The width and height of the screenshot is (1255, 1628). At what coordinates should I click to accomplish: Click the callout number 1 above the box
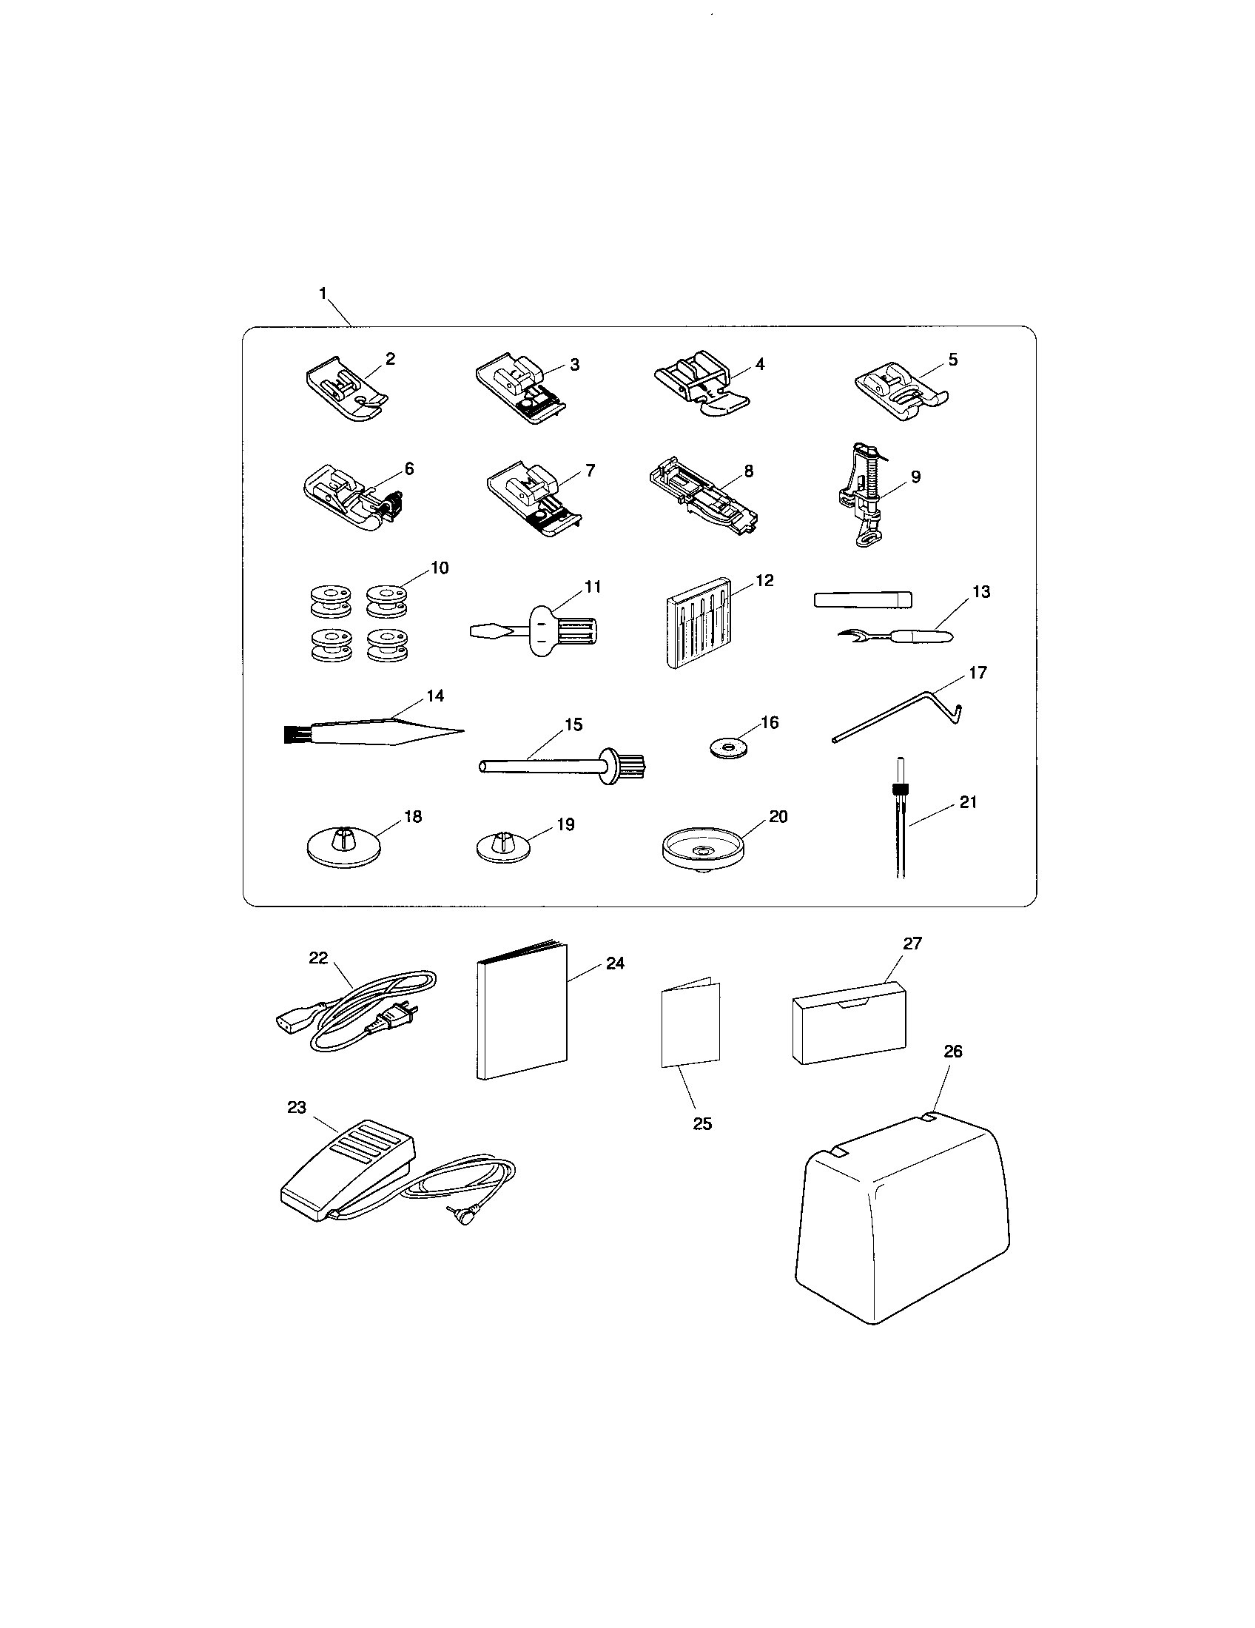pos(323,294)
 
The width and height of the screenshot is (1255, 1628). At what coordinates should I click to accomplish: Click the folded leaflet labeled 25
pos(690,1024)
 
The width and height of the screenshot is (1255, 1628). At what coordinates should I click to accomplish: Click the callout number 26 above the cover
pos(952,1051)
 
